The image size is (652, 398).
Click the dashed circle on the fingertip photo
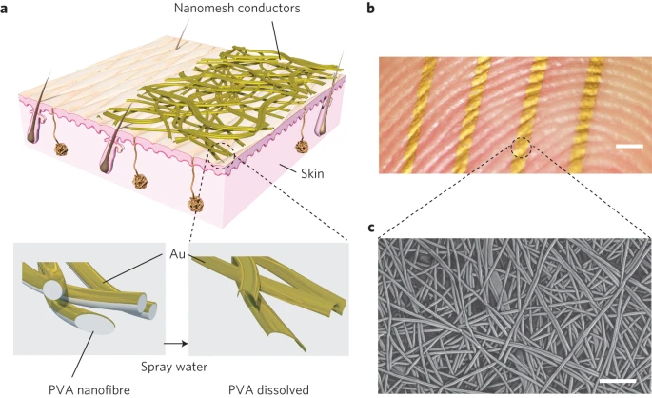tap(522, 148)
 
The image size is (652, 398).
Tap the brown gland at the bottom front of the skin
tap(197, 204)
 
